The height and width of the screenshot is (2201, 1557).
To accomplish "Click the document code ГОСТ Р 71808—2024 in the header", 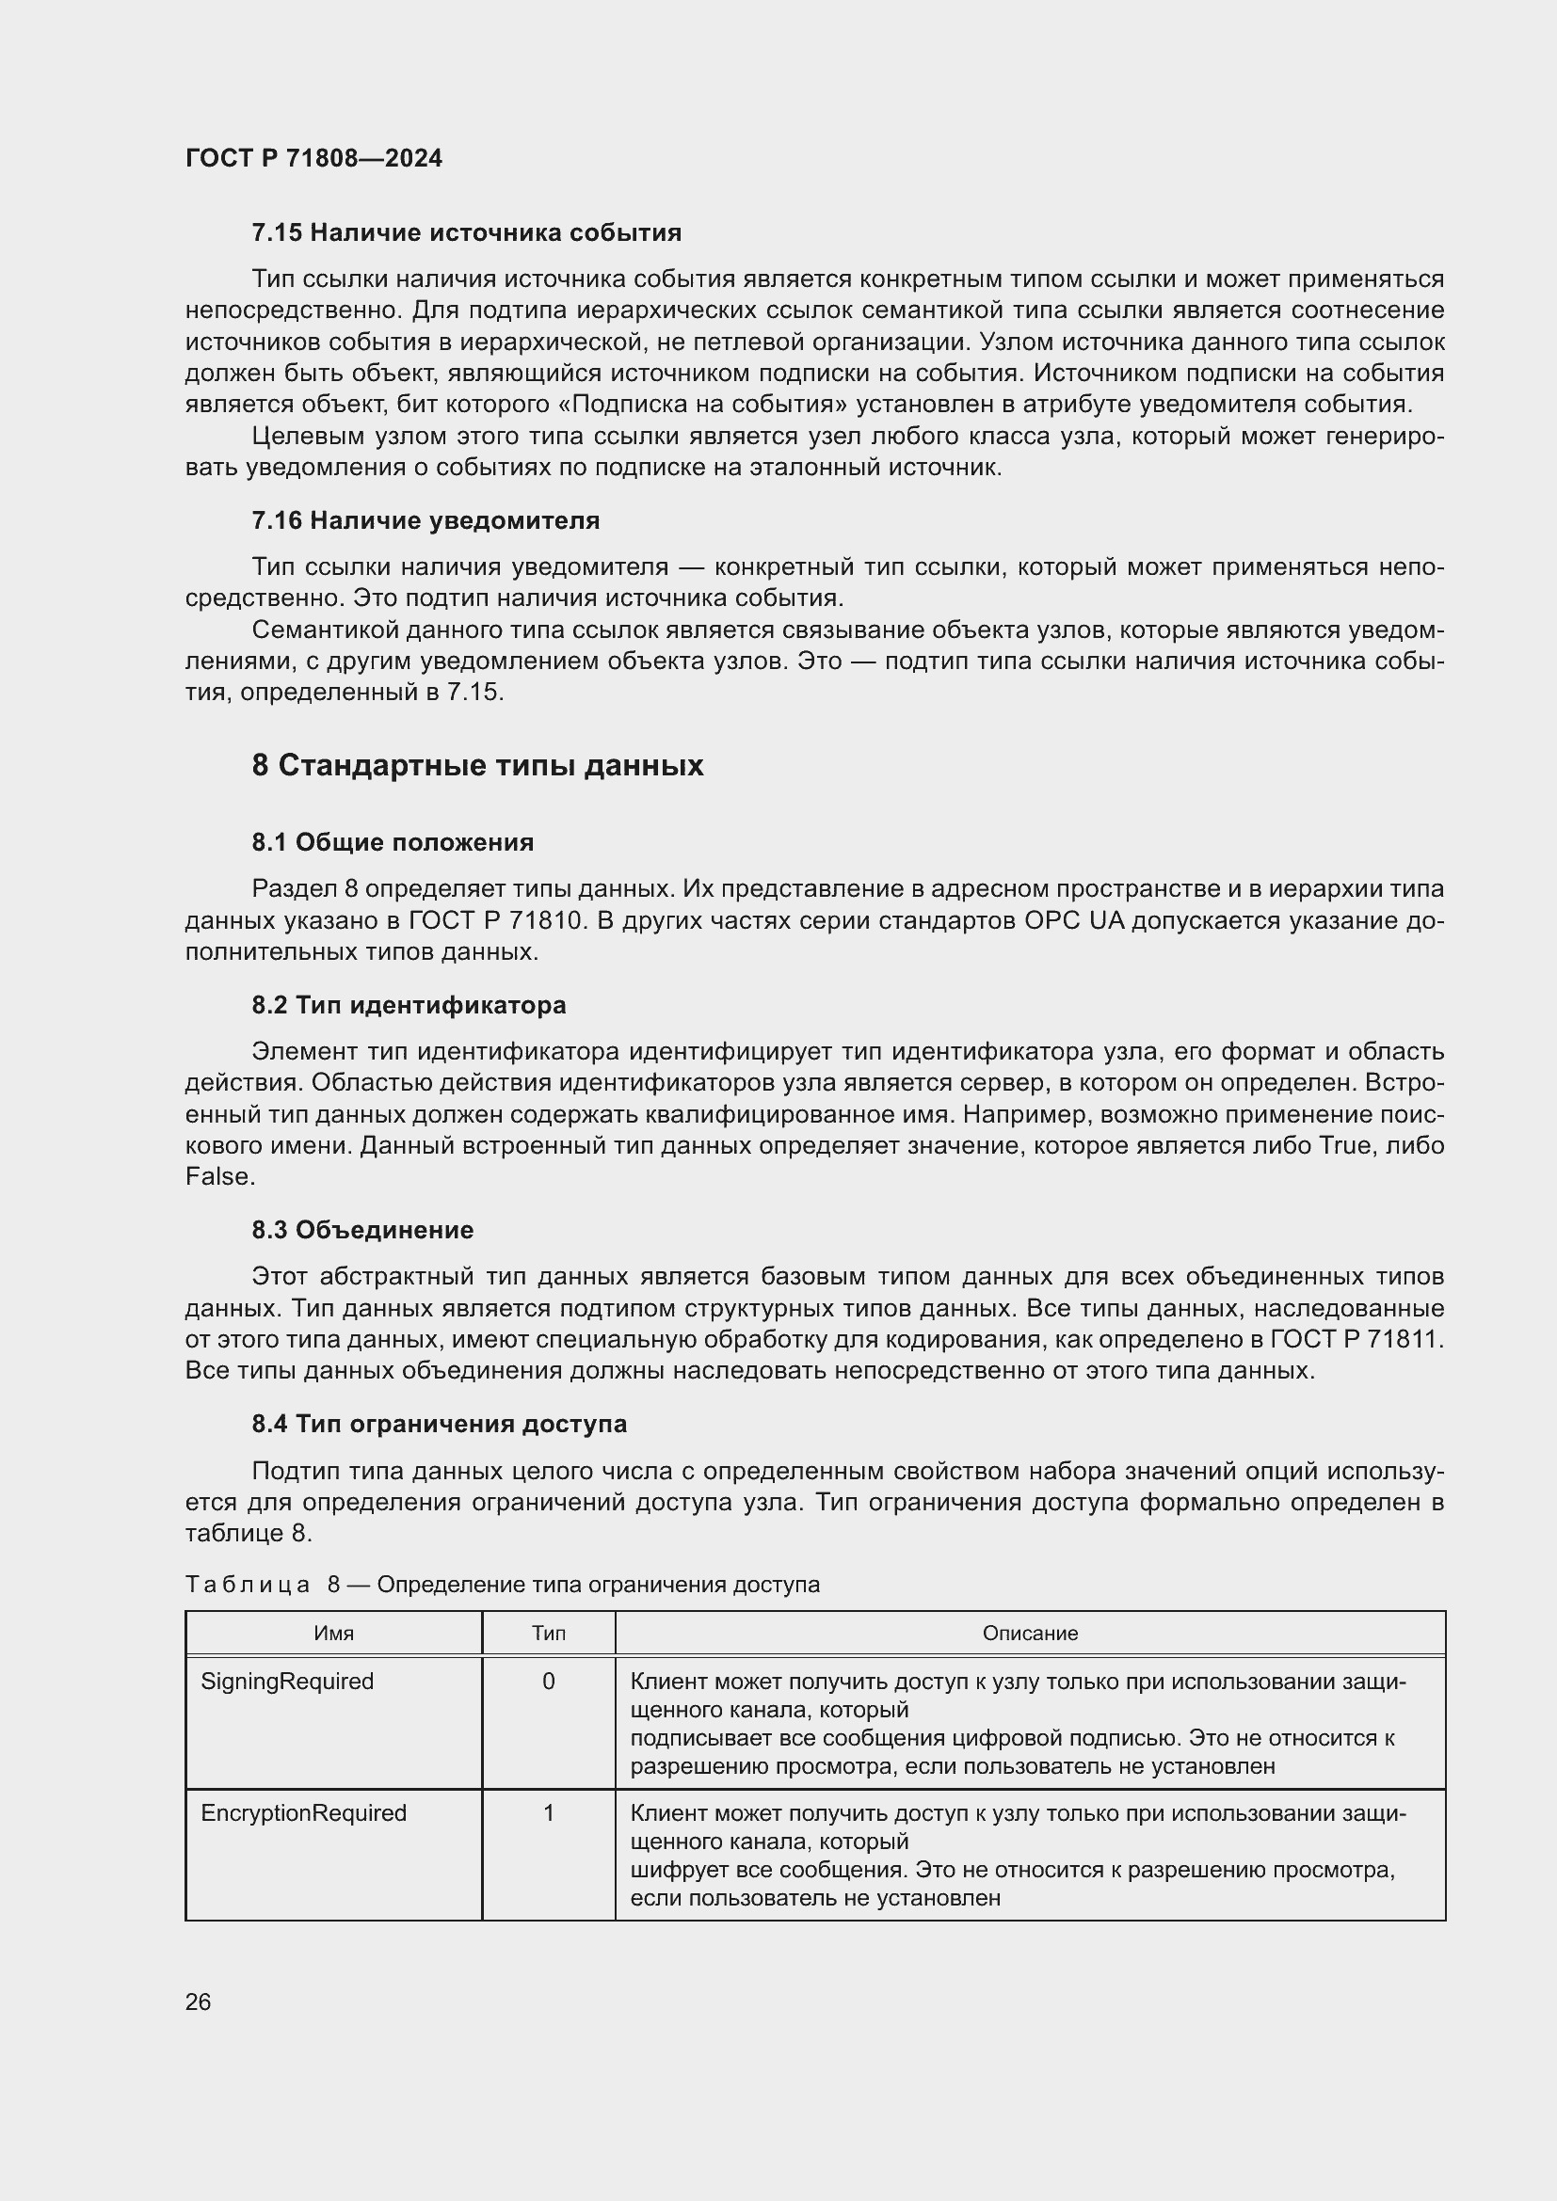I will (313, 158).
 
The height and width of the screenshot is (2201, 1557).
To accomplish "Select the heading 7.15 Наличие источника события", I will (466, 233).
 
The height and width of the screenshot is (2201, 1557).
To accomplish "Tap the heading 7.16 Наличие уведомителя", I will (425, 520).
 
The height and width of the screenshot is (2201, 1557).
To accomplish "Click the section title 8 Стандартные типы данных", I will (477, 765).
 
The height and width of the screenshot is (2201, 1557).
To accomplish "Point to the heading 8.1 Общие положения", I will (393, 842).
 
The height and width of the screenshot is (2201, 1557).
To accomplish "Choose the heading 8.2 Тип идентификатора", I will (409, 1005).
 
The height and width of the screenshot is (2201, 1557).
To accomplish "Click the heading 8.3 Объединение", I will (362, 1230).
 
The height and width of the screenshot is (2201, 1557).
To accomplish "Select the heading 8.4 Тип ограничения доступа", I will (439, 1424).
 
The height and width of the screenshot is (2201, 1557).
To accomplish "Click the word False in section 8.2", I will (217, 1177).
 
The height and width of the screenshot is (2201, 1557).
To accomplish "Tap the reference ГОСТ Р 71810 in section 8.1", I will (496, 920).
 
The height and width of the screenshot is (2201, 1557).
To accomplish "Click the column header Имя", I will (333, 1633).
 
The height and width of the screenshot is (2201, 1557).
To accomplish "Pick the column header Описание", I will (1030, 1633).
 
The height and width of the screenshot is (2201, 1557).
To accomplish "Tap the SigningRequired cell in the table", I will (287, 1682).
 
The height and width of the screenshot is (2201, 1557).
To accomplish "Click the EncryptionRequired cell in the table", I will (303, 1812).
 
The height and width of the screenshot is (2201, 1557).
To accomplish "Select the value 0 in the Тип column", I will (549, 1682).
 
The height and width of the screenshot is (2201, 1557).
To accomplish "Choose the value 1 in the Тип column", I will (549, 1812).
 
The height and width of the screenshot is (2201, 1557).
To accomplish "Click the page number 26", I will (199, 2002).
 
